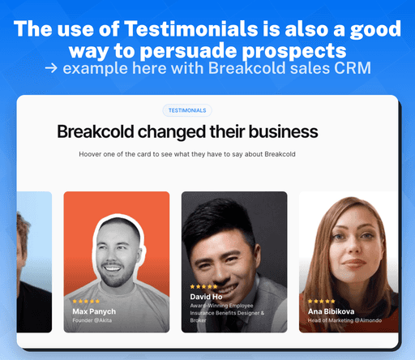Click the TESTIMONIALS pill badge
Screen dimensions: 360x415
186,110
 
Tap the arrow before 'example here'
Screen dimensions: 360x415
51,67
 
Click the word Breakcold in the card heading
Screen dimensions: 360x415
99,131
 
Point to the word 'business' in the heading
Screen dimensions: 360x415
280,131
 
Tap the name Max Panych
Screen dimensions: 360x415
94,311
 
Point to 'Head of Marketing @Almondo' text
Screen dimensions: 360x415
349,322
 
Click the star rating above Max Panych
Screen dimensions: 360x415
86,302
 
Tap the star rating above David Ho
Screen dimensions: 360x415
203,286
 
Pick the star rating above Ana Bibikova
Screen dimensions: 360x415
321,302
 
